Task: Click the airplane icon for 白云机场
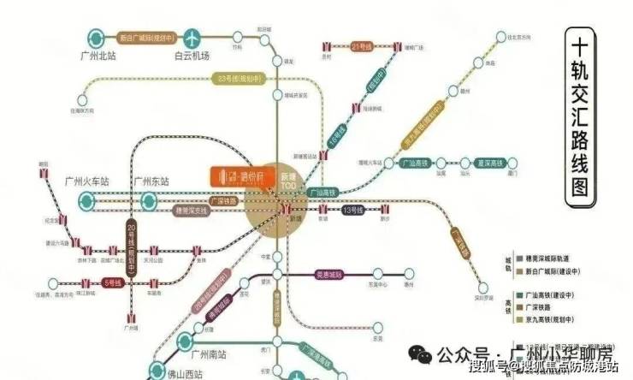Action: pos(194,39)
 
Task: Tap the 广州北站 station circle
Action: pos(97,39)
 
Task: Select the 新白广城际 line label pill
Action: pos(146,39)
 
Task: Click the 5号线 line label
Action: pos(111,281)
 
